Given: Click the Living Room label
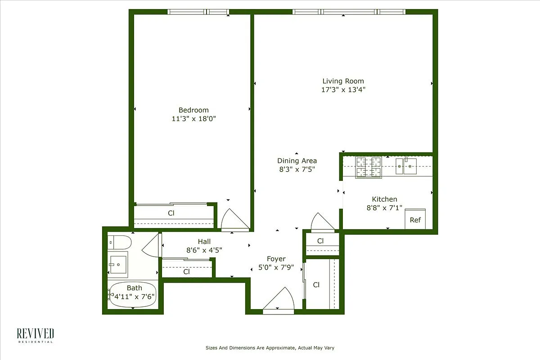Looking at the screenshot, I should (343, 81).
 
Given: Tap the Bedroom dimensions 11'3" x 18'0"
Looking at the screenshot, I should (193, 119).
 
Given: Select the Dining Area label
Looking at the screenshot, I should (297, 161).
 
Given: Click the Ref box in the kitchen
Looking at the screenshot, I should (415, 220).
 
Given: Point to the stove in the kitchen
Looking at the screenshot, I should (369, 167).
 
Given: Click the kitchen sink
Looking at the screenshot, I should (406, 166).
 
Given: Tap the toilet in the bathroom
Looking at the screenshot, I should (119, 242).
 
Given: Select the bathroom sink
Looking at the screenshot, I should (118, 264).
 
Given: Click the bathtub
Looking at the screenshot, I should (133, 295).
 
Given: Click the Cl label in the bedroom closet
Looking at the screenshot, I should (171, 213).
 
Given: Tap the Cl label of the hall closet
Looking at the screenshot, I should (186, 272).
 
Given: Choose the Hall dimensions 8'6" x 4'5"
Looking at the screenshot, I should (204, 250).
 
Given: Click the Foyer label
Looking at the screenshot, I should (276, 259).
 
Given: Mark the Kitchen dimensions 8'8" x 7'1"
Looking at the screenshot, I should (384, 208).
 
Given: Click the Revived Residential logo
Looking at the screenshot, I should (35, 335).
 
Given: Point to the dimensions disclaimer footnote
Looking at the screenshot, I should (270, 348).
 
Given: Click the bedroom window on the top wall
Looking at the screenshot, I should (198, 12).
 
